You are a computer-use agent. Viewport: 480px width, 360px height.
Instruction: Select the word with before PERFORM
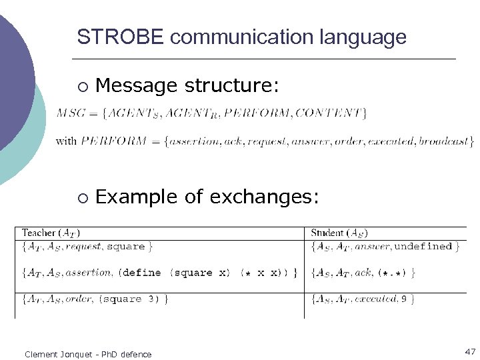[66, 141]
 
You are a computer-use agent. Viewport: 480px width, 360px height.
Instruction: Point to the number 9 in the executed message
[403, 299]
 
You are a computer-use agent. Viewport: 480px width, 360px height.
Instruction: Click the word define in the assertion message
[142, 273]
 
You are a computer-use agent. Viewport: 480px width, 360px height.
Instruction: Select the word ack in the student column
[365, 273]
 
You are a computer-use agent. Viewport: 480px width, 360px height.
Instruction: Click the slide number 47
[470, 351]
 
